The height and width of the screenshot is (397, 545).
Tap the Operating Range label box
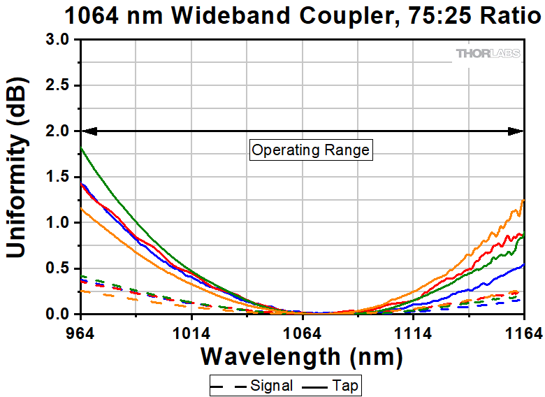(x=310, y=150)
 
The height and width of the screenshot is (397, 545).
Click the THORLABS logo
(x=488, y=53)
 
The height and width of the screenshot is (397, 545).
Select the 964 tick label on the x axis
(x=82, y=331)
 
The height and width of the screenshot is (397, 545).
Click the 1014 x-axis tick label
(x=192, y=331)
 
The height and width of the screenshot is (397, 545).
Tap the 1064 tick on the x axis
(x=303, y=331)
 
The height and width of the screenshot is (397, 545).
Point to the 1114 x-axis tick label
(x=413, y=331)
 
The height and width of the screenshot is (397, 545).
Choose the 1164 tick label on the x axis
(x=523, y=331)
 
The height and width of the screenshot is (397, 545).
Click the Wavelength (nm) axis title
(x=302, y=356)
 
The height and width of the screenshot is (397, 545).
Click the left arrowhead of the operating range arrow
(x=87, y=131)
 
